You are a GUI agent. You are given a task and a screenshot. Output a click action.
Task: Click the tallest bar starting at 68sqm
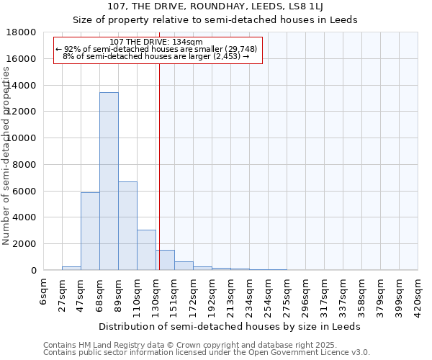[x=109, y=181]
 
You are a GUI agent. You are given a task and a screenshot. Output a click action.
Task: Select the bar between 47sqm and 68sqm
[x=90, y=231]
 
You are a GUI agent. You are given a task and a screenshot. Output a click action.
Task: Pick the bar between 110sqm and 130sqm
[x=146, y=250]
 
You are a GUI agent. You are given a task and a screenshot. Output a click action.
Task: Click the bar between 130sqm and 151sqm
[x=165, y=260]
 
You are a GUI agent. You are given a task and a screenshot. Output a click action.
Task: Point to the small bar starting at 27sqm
[x=71, y=268]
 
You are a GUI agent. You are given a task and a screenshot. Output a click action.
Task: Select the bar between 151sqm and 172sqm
[x=184, y=266]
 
